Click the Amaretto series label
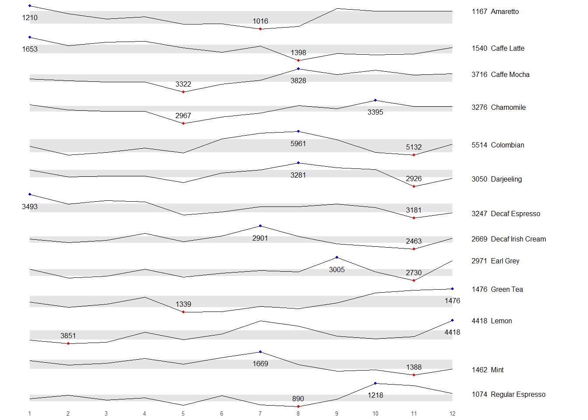504,12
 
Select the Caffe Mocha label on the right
510,75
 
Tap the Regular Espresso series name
518,395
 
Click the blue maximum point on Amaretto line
30,6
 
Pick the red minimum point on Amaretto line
260,29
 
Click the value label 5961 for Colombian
298,143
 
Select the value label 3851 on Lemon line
68,336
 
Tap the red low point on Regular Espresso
298,406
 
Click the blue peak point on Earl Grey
337,257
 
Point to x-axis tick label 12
452,413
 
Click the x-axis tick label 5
183,413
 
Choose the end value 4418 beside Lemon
479,321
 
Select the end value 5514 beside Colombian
479,145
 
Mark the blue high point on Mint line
260,352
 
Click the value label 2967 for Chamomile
183,115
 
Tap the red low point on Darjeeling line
414,186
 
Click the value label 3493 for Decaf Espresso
30,206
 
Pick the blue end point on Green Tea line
452,289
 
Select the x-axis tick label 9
337,413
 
